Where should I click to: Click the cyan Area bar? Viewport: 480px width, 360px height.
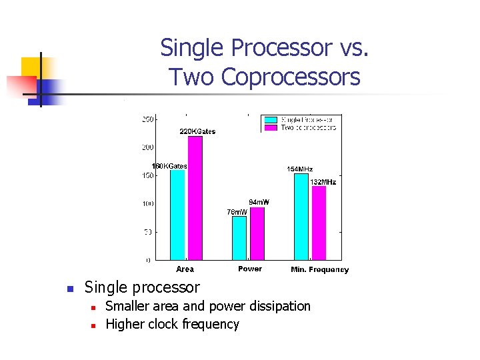[177, 214]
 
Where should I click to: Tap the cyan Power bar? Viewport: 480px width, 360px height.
[239, 237]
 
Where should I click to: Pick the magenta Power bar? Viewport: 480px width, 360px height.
[257, 233]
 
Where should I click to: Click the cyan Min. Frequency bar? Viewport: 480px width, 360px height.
[301, 216]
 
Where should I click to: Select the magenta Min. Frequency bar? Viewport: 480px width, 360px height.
[319, 223]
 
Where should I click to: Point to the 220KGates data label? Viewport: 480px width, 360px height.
[197, 131]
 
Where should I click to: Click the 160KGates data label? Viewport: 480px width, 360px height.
[169, 166]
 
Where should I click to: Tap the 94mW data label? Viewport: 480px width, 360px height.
[259, 202]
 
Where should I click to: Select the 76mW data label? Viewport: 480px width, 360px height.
[237, 212]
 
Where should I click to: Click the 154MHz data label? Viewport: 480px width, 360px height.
[299, 169]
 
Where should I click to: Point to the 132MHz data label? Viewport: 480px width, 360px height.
[323, 182]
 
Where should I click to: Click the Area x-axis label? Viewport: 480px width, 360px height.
[185, 269]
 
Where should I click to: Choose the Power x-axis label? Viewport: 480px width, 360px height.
[250, 269]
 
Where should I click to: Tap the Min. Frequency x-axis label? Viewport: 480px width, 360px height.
[319, 269]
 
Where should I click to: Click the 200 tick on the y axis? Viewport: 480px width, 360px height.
[148, 147]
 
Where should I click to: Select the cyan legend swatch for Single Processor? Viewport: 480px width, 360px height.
[271, 120]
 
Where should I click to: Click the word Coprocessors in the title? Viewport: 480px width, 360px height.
[290, 77]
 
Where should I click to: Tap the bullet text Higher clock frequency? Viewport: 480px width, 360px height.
[172, 324]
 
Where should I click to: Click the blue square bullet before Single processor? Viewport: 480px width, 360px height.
[69, 289]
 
